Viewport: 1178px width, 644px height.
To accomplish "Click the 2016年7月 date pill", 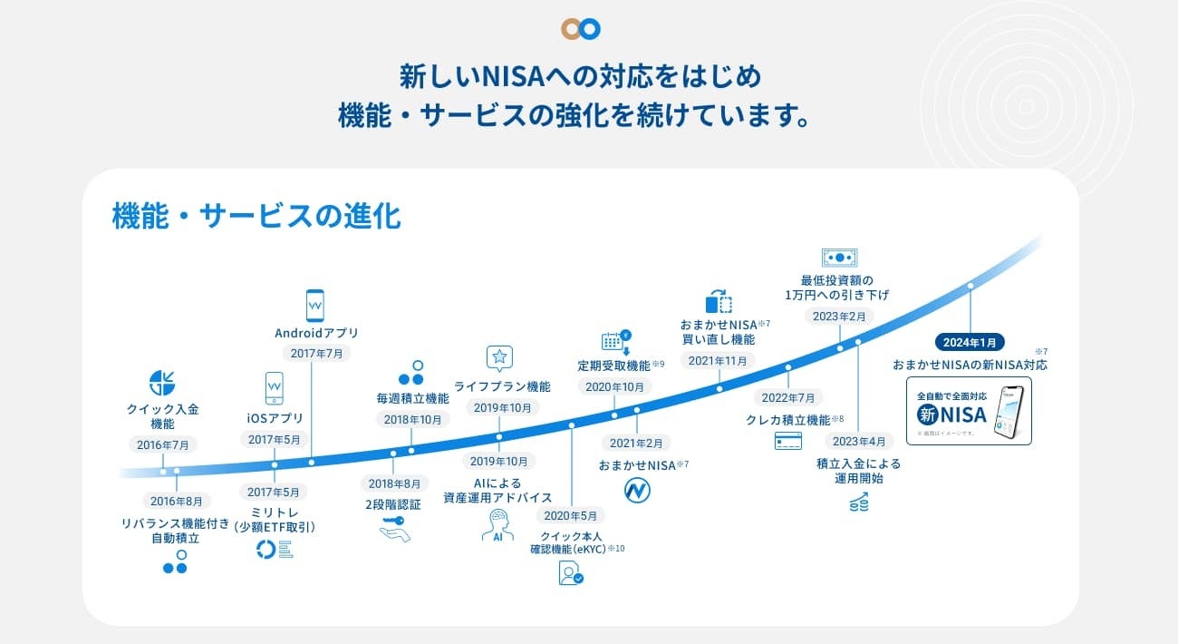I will pyautogui.click(x=162, y=444).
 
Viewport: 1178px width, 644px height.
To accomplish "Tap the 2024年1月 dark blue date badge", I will pyautogui.click(x=970, y=342).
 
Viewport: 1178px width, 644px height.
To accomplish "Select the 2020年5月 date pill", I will pyautogui.click(x=572, y=515).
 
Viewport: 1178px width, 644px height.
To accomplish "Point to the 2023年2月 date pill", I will pyautogui.click(x=839, y=317).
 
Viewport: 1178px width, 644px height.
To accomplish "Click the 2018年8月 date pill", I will pyautogui.click(x=393, y=483).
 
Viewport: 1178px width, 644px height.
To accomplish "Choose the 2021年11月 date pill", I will pyautogui.click(x=719, y=361).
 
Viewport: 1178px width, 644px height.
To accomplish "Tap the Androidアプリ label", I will pyautogui.click(x=316, y=333).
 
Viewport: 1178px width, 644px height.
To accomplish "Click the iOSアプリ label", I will pyautogui.click(x=275, y=418).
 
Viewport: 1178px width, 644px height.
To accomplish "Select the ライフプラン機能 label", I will pyautogui.click(x=502, y=386).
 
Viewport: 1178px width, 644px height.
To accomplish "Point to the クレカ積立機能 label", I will pyautogui.click(x=788, y=419).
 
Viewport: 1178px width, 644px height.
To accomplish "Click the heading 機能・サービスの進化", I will pyautogui.click(x=256, y=217).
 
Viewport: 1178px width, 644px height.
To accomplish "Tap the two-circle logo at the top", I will pyautogui.click(x=581, y=28).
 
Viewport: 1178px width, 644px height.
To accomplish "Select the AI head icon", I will pyautogui.click(x=497, y=525).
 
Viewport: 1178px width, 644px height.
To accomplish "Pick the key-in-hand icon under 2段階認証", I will pyautogui.click(x=395, y=529).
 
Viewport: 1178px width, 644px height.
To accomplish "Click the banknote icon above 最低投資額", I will pyautogui.click(x=839, y=258).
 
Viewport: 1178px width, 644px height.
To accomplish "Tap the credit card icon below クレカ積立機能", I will pyautogui.click(x=788, y=441).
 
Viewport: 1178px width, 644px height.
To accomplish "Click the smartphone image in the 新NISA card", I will pyautogui.click(x=1009, y=413).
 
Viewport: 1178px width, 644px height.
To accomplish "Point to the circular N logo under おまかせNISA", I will pyautogui.click(x=638, y=491).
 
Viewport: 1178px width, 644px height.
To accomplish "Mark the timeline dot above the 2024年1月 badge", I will pyautogui.click(x=970, y=286).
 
